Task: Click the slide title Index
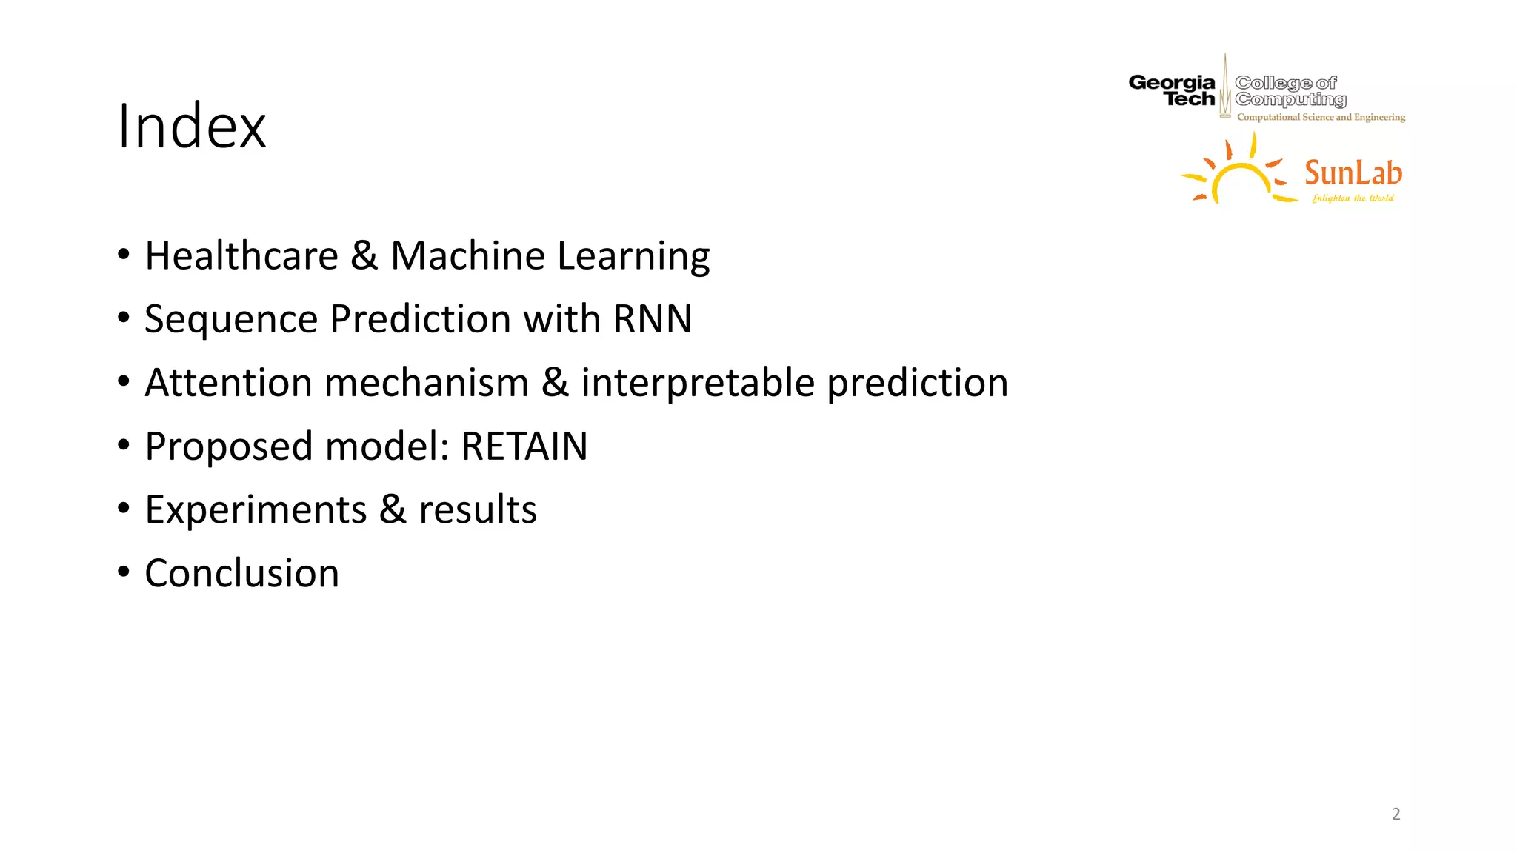pyautogui.click(x=191, y=127)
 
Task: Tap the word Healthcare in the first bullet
pyautogui.click(x=241, y=256)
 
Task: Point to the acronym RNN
pyautogui.click(x=652, y=319)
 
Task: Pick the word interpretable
pyautogui.click(x=697, y=384)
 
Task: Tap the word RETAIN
pyautogui.click(x=524, y=446)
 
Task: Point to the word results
pyautogui.click(x=477, y=510)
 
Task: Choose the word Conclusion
pyautogui.click(x=241, y=574)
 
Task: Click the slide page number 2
pyautogui.click(x=1396, y=814)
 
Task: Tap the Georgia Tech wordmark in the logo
pyautogui.click(x=1172, y=91)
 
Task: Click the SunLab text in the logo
pyautogui.click(x=1353, y=173)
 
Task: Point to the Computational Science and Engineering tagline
pyautogui.click(x=1321, y=117)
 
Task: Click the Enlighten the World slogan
pyautogui.click(x=1353, y=198)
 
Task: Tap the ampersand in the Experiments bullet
pyautogui.click(x=393, y=510)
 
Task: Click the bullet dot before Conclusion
pyautogui.click(x=124, y=572)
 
